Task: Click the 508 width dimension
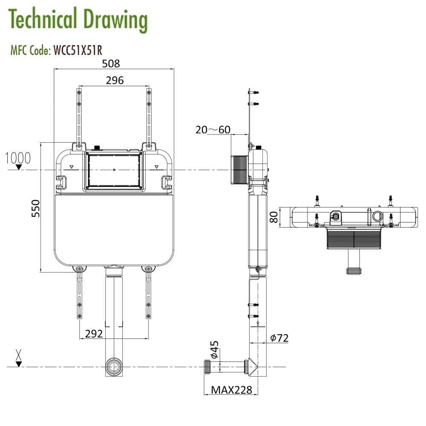click(111, 63)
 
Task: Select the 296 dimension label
click(115, 80)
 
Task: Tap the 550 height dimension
click(36, 208)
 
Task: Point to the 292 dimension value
click(94, 334)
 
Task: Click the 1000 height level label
click(18, 158)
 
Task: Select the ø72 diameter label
click(279, 338)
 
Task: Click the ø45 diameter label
click(214, 350)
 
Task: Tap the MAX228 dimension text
click(232, 389)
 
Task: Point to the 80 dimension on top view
click(274, 217)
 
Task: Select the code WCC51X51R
click(77, 50)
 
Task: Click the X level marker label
click(18, 354)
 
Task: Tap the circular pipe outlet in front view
click(113, 367)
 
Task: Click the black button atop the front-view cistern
click(97, 148)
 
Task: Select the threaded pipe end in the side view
click(208, 366)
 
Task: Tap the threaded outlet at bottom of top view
click(354, 270)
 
